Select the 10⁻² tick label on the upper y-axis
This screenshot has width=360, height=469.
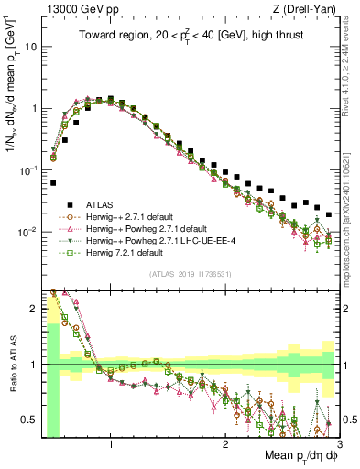27,232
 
